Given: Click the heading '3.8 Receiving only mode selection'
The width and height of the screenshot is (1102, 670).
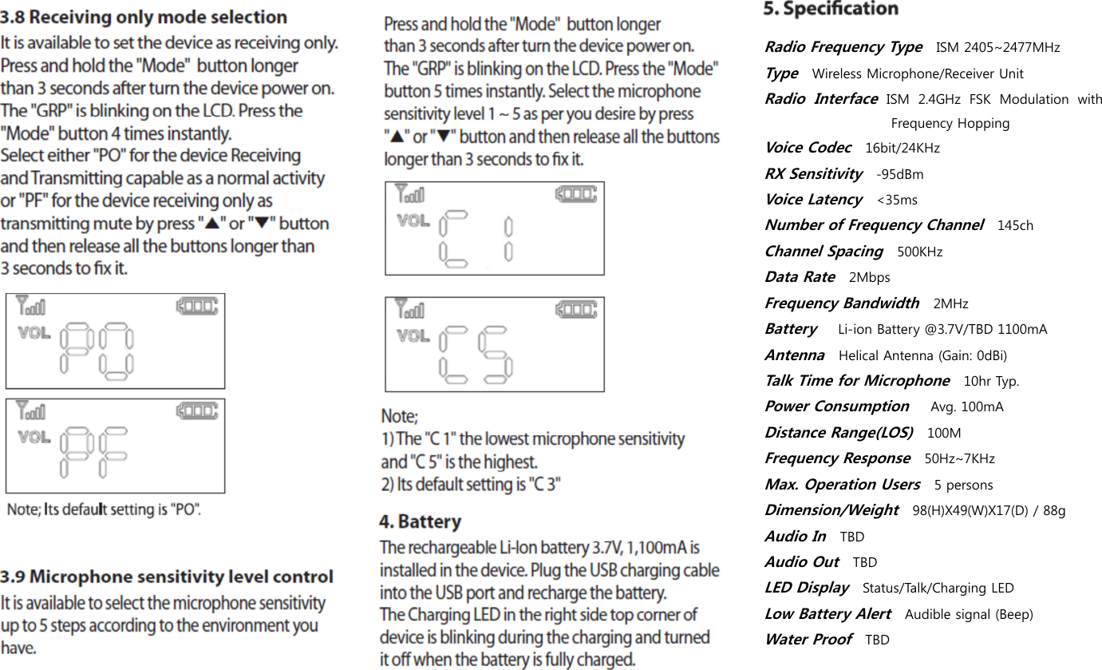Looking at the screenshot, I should coord(144,17).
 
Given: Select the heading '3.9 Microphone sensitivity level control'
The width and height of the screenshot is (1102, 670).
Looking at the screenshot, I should coord(167,577).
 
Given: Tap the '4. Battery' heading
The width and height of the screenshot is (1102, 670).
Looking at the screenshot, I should coord(420,522).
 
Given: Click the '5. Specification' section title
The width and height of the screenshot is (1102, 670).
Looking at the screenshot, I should coord(831,9).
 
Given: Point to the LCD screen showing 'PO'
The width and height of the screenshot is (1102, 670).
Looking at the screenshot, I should coord(115,341).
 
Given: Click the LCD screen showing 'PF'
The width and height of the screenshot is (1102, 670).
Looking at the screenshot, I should coord(115,446).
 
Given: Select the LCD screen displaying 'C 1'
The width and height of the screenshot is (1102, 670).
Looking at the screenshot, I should coord(495,228).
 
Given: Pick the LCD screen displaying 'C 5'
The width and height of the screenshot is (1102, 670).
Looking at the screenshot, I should coord(495,344).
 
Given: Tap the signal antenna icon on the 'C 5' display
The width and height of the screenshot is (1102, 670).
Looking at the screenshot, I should coord(412,308).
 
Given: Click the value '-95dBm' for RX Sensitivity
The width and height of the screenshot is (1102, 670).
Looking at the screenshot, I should coord(900,174).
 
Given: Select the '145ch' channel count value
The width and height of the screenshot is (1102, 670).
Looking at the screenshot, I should coord(1015,226).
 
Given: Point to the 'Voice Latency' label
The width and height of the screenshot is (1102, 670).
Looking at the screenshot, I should coord(813,200).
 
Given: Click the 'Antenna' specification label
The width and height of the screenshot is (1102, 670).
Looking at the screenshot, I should coord(795,355).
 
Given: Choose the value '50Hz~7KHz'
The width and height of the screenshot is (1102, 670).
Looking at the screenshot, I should coord(959,458).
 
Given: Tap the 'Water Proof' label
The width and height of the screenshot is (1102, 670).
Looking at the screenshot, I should coord(808,640).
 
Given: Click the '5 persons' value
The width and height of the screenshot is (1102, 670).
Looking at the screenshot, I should coord(963,485).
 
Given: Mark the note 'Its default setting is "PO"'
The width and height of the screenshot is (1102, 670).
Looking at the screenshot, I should coord(105,509).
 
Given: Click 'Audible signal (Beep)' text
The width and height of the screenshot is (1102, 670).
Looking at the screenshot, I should coord(969,614).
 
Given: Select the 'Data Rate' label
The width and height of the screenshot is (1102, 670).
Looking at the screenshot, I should coord(800,277).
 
